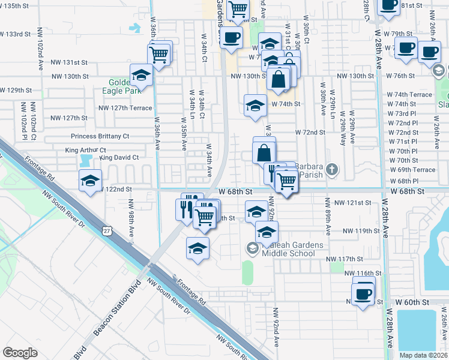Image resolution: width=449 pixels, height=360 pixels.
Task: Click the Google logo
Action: (20, 353)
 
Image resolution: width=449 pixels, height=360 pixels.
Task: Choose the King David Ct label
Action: (119, 158)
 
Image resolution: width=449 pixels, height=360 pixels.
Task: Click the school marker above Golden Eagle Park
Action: (141, 74)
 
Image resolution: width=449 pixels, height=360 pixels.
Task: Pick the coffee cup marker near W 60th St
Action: (363, 294)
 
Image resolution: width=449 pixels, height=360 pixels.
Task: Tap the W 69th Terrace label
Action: (411, 170)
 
